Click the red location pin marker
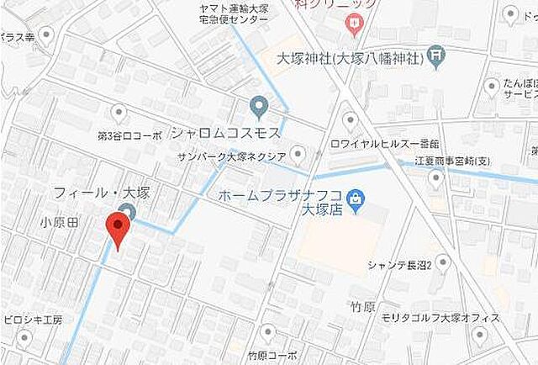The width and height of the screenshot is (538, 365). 117,230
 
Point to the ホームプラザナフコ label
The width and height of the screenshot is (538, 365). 281,195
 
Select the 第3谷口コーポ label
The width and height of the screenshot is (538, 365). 129,135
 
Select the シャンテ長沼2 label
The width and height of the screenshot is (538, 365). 399,266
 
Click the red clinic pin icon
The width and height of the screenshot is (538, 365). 354,24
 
